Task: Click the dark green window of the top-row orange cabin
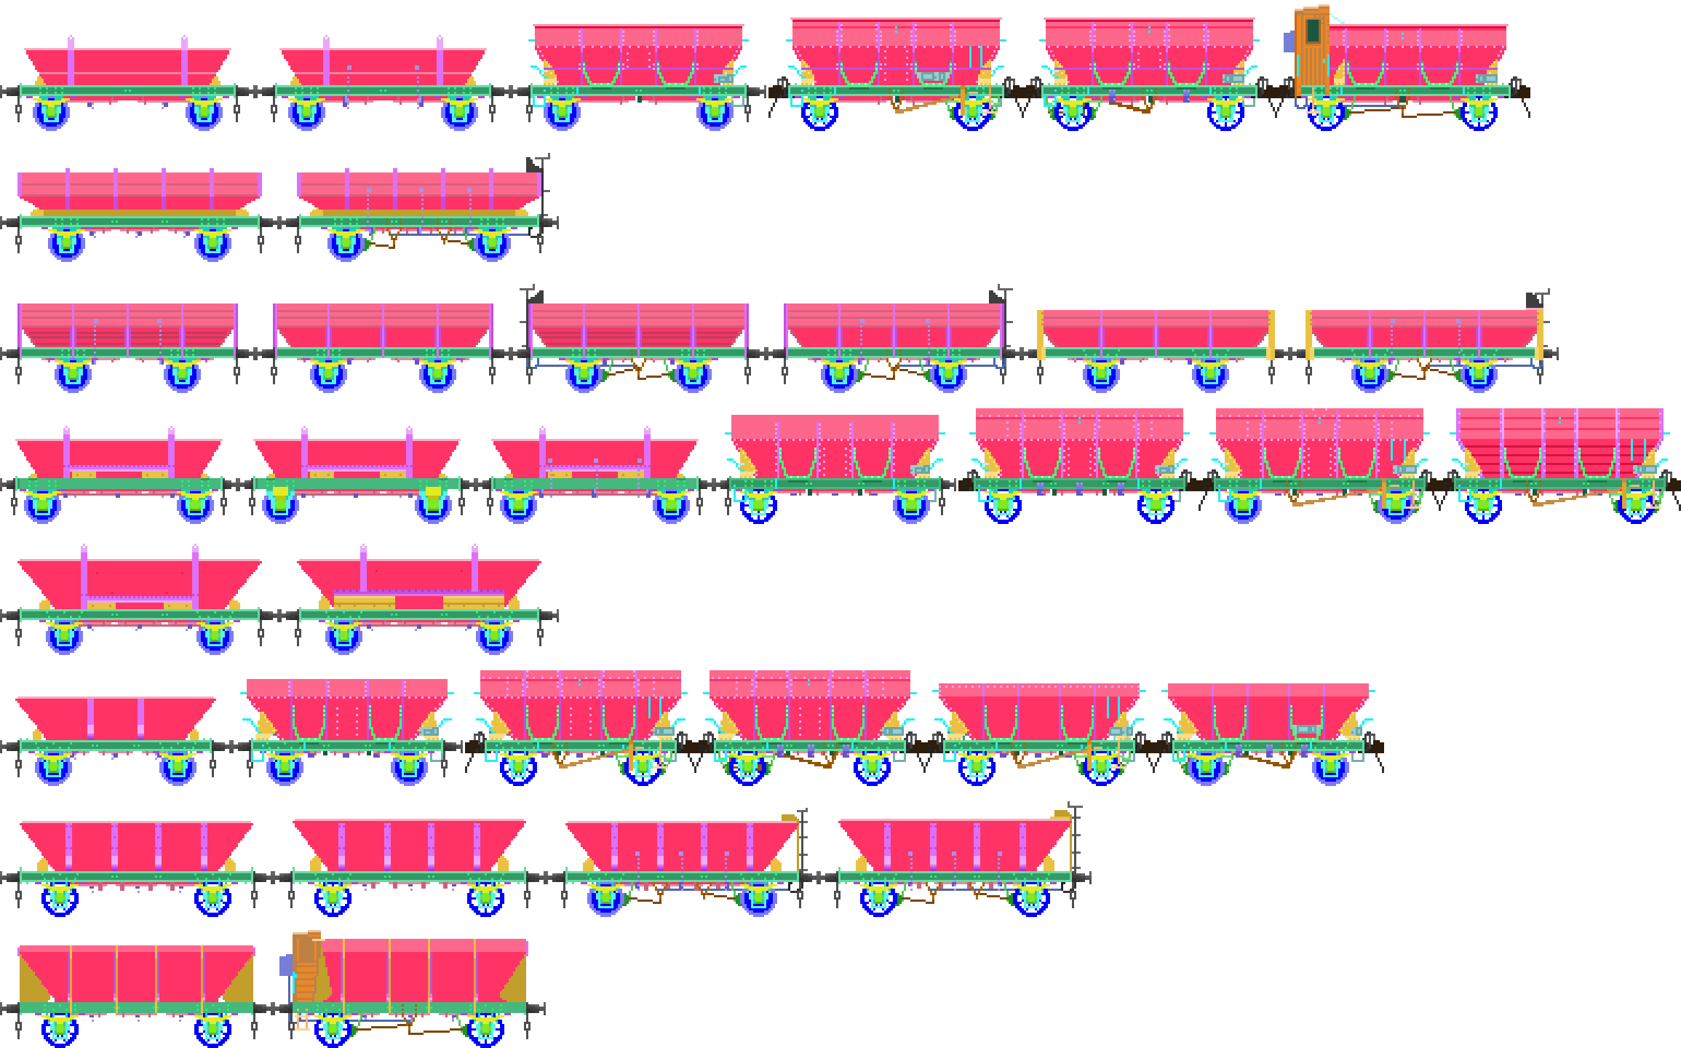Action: (1313, 31)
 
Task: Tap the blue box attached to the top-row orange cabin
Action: (1289, 41)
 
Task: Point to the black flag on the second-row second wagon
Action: (534, 165)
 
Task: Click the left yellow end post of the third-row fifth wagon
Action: (1040, 335)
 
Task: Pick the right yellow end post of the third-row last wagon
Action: (1540, 335)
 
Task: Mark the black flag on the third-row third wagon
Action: (536, 296)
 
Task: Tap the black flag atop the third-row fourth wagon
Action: (996, 296)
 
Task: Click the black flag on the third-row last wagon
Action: (1535, 299)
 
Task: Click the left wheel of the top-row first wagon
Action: (51, 114)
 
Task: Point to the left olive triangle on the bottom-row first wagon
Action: (33, 979)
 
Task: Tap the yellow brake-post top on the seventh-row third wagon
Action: (790, 818)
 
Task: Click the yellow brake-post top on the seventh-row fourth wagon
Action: (1062, 815)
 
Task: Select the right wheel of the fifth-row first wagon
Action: (215, 638)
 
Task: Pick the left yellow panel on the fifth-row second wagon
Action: (364, 602)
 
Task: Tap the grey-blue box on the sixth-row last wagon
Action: (1306, 730)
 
